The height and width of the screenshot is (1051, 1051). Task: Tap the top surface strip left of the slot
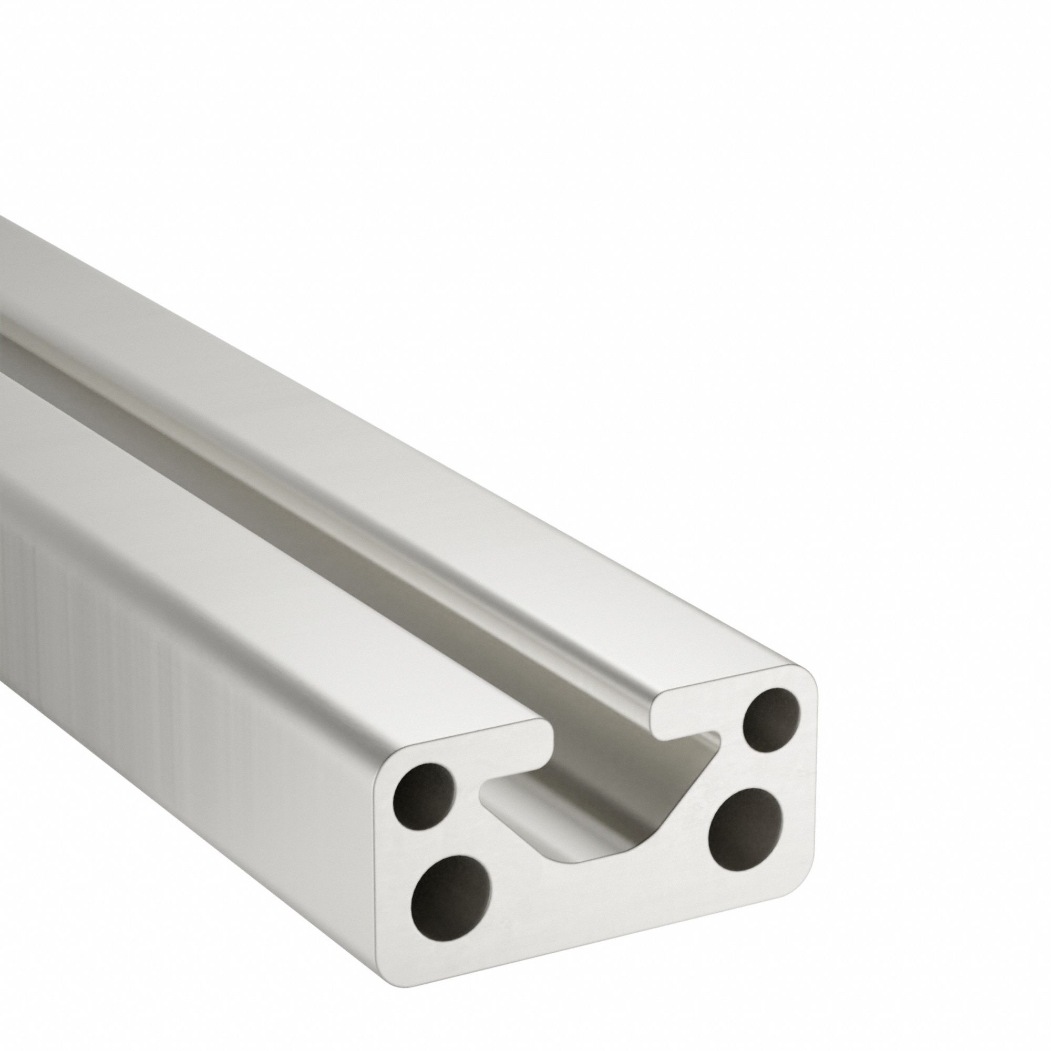coord(272,544)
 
